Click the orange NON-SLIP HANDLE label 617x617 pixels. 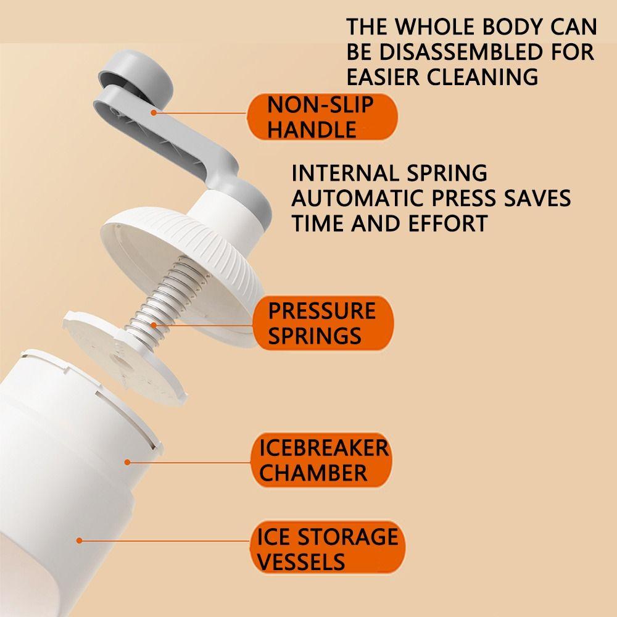pos(322,117)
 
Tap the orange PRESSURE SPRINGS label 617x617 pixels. pos(323,323)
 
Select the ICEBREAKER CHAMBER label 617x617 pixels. pos(321,460)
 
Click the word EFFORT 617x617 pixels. pos(448,223)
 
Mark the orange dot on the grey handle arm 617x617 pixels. pos(154,112)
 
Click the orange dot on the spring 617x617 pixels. pos(154,325)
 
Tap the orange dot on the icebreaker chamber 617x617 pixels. pos(127,462)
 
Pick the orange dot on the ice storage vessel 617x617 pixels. pos(79,540)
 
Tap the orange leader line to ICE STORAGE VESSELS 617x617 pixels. pos(165,540)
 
